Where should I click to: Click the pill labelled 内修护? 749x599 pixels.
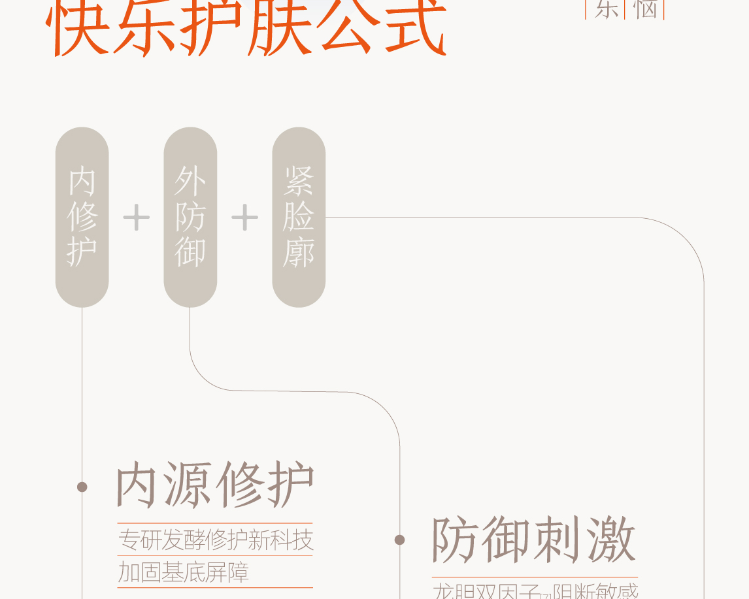(82, 217)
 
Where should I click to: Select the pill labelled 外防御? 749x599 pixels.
(190, 217)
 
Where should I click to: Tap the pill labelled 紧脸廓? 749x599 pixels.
(299, 217)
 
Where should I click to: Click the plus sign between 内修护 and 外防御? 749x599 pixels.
(136, 218)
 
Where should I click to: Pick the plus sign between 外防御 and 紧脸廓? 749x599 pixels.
(244, 218)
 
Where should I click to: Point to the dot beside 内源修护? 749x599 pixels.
(82, 487)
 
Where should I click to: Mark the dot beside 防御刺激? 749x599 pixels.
(399, 540)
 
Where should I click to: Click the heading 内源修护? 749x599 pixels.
(215, 485)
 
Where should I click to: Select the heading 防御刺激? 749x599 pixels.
(533, 540)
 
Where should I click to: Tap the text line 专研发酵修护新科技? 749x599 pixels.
(216, 540)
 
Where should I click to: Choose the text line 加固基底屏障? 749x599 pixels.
(184, 572)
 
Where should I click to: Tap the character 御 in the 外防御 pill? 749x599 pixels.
(190, 252)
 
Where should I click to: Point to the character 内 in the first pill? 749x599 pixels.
(82, 181)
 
